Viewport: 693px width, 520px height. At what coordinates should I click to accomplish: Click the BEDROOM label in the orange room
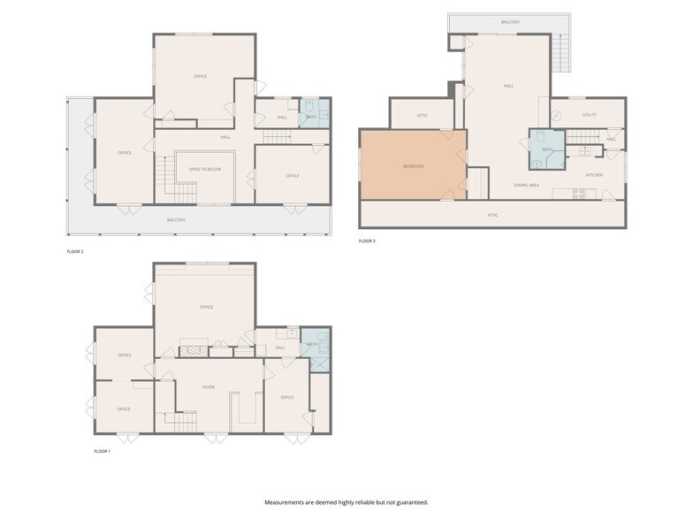[x=413, y=166]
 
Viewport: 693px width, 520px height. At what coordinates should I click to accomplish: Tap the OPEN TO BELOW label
[x=204, y=169]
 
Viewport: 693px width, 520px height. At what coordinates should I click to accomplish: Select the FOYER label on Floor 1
[x=209, y=386]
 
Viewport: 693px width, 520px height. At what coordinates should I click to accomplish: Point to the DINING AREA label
[x=528, y=185]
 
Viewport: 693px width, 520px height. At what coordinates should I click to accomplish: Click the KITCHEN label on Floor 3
[x=594, y=175]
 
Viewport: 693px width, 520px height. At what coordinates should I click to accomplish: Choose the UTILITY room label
[x=590, y=115]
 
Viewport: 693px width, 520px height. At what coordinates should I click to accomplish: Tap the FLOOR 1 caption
[x=103, y=451]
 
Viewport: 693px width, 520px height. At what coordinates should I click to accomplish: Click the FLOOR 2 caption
[x=75, y=251]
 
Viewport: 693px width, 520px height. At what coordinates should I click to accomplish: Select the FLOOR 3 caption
[x=367, y=241]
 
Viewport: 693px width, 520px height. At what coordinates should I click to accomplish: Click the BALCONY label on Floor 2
[x=177, y=219]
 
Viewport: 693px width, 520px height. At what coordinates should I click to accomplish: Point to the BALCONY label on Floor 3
[x=510, y=21]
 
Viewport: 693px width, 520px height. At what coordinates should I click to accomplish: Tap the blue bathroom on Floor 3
[x=547, y=149]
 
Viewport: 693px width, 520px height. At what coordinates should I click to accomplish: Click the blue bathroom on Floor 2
[x=313, y=117]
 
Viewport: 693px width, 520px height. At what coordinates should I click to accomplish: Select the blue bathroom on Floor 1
[x=313, y=345]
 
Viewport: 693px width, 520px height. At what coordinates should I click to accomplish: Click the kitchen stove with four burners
[x=578, y=194]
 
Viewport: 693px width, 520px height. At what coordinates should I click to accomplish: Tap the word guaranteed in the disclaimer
[x=409, y=502]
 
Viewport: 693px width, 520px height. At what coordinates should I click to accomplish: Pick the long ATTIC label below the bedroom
[x=492, y=215]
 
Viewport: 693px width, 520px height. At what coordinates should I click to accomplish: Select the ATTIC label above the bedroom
[x=423, y=116]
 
